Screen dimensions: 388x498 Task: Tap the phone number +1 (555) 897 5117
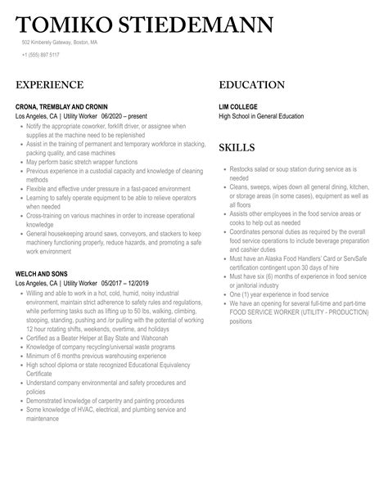[x=41, y=55]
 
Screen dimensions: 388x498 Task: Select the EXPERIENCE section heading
[x=49, y=85]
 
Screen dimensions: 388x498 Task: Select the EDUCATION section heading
[x=251, y=85]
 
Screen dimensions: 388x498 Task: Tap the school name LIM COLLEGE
[x=238, y=106]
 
